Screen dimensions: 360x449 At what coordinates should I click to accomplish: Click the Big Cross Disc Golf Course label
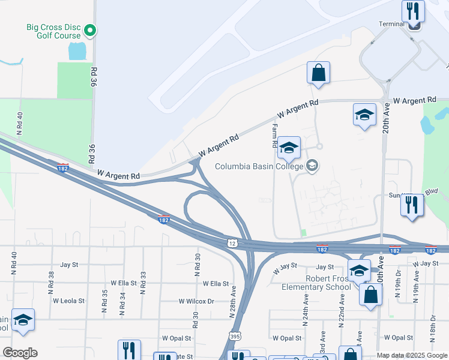(x=53, y=32)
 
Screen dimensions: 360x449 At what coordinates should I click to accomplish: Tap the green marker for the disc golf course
(x=89, y=29)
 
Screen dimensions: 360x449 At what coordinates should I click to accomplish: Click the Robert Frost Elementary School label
(x=316, y=282)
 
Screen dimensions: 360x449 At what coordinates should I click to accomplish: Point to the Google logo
(x=20, y=353)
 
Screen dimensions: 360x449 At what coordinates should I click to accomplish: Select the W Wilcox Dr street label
(x=196, y=301)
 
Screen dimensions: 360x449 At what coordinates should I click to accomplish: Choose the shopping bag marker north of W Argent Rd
(x=318, y=73)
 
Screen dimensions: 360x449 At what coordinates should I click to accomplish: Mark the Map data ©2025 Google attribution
(x=411, y=355)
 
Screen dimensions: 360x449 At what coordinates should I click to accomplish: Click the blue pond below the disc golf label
(x=77, y=51)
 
